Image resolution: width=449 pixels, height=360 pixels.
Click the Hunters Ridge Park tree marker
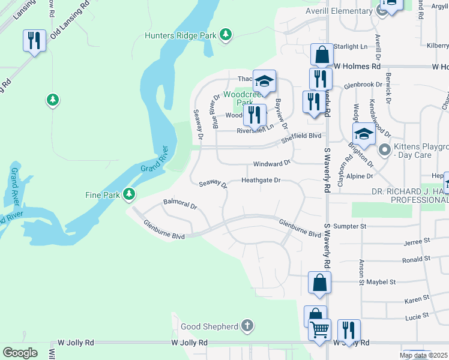coord(226,35)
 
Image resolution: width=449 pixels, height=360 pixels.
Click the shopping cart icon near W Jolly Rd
coord(319,329)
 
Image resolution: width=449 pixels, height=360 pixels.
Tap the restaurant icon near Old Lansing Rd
coord(34,41)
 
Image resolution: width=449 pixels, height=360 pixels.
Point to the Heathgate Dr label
coord(261,180)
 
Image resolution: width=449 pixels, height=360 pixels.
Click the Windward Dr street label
coord(271,163)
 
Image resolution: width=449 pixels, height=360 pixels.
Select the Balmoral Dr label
coord(180,205)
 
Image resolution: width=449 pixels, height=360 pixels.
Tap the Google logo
coord(20,353)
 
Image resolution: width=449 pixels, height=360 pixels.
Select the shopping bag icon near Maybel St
coord(319,283)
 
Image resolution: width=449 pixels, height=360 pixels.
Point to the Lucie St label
coord(417,314)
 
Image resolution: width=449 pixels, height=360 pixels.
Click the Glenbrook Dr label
coord(363,85)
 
